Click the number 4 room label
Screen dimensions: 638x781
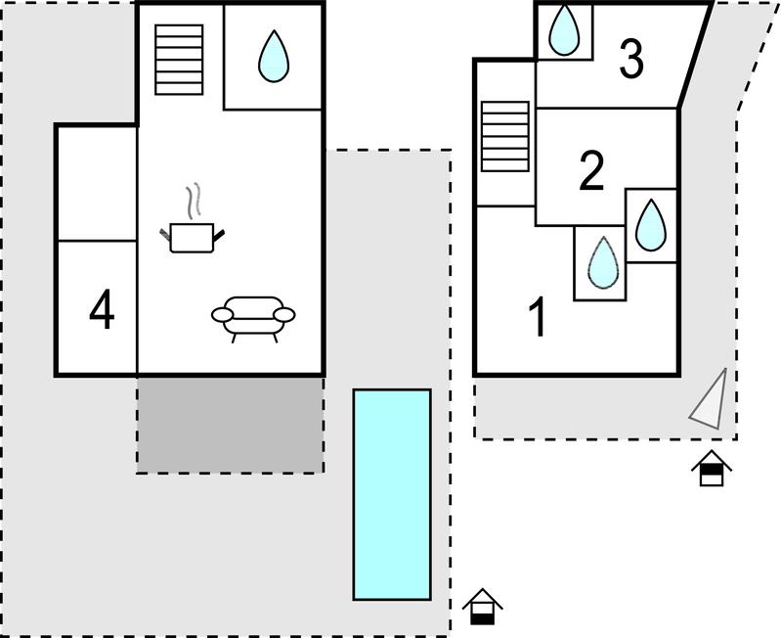click(102, 310)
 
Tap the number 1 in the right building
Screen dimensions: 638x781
click(537, 318)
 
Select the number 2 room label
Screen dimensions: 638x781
click(591, 171)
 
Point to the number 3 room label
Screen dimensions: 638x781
click(631, 60)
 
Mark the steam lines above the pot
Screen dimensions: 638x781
click(196, 200)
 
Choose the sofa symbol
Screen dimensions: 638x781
click(253, 317)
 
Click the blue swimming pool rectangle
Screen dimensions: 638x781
click(391, 493)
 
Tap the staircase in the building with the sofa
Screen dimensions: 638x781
click(179, 59)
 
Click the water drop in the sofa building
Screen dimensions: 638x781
click(274, 57)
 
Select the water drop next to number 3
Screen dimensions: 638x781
click(564, 30)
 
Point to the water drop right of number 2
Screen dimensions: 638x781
click(650, 225)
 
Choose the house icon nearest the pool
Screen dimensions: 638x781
click(481, 607)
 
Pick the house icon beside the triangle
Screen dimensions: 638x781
click(712, 469)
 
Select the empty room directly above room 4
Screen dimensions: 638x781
click(96, 183)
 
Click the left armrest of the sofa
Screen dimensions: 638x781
click(224, 315)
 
